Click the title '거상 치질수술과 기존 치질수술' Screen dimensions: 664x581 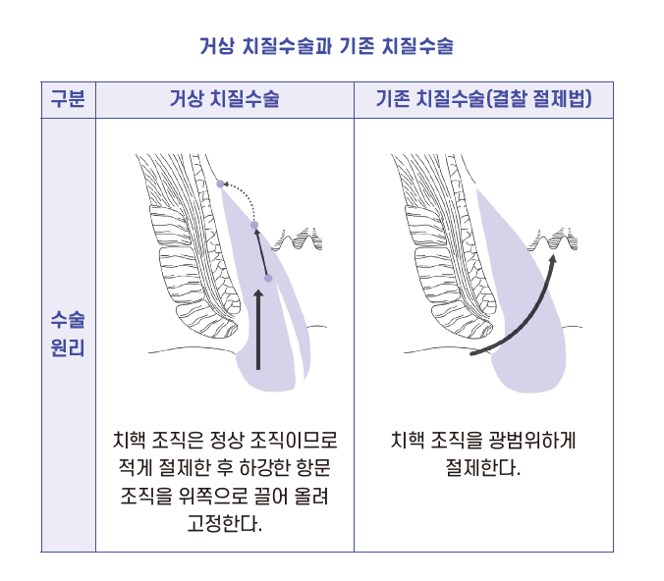(326, 46)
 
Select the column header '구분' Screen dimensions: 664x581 (68, 99)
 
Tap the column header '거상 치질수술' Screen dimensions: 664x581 (224, 99)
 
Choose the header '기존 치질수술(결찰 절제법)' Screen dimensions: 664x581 (483, 99)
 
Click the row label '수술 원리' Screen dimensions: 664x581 (68, 335)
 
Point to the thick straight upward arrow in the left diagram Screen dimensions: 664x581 (258, 330)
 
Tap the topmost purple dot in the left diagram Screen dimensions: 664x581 (220, 184)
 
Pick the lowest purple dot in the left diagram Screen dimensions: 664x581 (268, 278)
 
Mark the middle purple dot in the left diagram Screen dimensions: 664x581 (254, 225)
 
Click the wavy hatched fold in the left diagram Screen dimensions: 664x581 (298, 239)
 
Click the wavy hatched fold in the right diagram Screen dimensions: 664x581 (553, 239)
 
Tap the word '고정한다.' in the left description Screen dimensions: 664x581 (224, 523)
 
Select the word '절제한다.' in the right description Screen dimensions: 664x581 (482, 468)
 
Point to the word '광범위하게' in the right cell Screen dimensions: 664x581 (532, 440)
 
